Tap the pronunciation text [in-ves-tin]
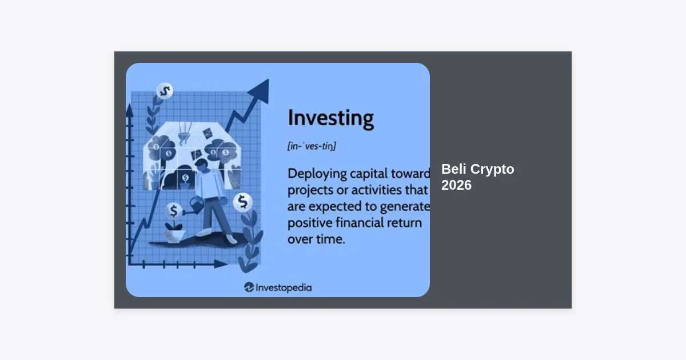point(312,146)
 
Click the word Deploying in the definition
point(317,174)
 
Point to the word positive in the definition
point(310,223)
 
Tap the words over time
point(316,239)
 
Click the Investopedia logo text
point(284,288)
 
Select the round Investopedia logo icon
point(249,287)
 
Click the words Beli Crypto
point(478,169)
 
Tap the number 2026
point(456,185)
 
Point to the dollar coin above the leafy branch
point(165,91)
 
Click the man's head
point(201,166)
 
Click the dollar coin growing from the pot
point(174,211)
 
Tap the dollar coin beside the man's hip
point(243,202)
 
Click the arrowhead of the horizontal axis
point(221,264)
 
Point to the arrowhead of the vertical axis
point(130,110)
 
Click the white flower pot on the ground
point(174,236)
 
